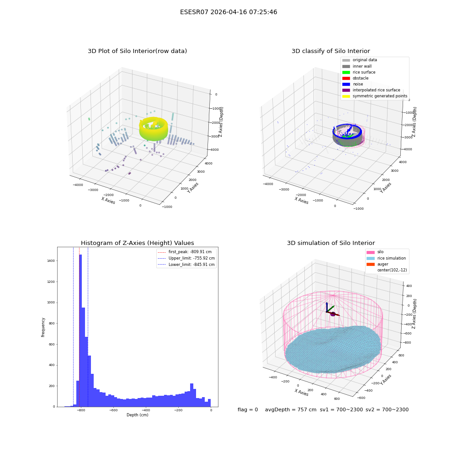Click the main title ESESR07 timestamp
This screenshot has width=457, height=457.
(228, 12)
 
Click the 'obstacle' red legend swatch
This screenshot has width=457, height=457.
(346, 78)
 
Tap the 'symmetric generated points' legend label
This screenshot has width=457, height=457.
(380, 96)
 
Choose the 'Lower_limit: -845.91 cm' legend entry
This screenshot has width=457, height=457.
(186, 265)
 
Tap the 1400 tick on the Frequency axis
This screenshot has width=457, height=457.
(51, 261)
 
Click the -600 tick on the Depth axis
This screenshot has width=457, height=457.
(113, 410)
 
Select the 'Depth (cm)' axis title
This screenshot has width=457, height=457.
(137, 415)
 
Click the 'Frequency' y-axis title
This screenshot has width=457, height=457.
(43, 327)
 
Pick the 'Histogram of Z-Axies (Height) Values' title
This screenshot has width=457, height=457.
(137, 243)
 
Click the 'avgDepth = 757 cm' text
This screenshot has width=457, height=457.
(291, 409)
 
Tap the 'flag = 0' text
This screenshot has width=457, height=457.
(248, 409)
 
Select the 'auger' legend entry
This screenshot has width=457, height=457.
(377, 264)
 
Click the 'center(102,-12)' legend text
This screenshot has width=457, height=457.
(392, 270)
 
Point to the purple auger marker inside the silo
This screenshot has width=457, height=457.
(333, 314)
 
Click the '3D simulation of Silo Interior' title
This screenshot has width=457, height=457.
(331, 243)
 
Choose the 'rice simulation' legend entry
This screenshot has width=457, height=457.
(386, 258)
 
